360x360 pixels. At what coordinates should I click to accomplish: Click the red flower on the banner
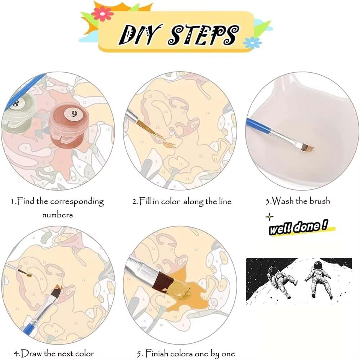pos(102,14)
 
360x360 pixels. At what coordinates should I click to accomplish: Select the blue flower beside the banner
pos(252,43)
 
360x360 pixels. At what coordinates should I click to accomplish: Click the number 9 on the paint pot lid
pos(74,114)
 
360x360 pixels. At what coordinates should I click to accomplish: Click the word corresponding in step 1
pos(77,202)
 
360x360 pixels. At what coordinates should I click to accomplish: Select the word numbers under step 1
pos(57,215)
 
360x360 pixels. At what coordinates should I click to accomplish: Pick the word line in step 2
pos(225,201)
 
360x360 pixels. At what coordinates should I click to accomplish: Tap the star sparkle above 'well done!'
pos(269,217)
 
